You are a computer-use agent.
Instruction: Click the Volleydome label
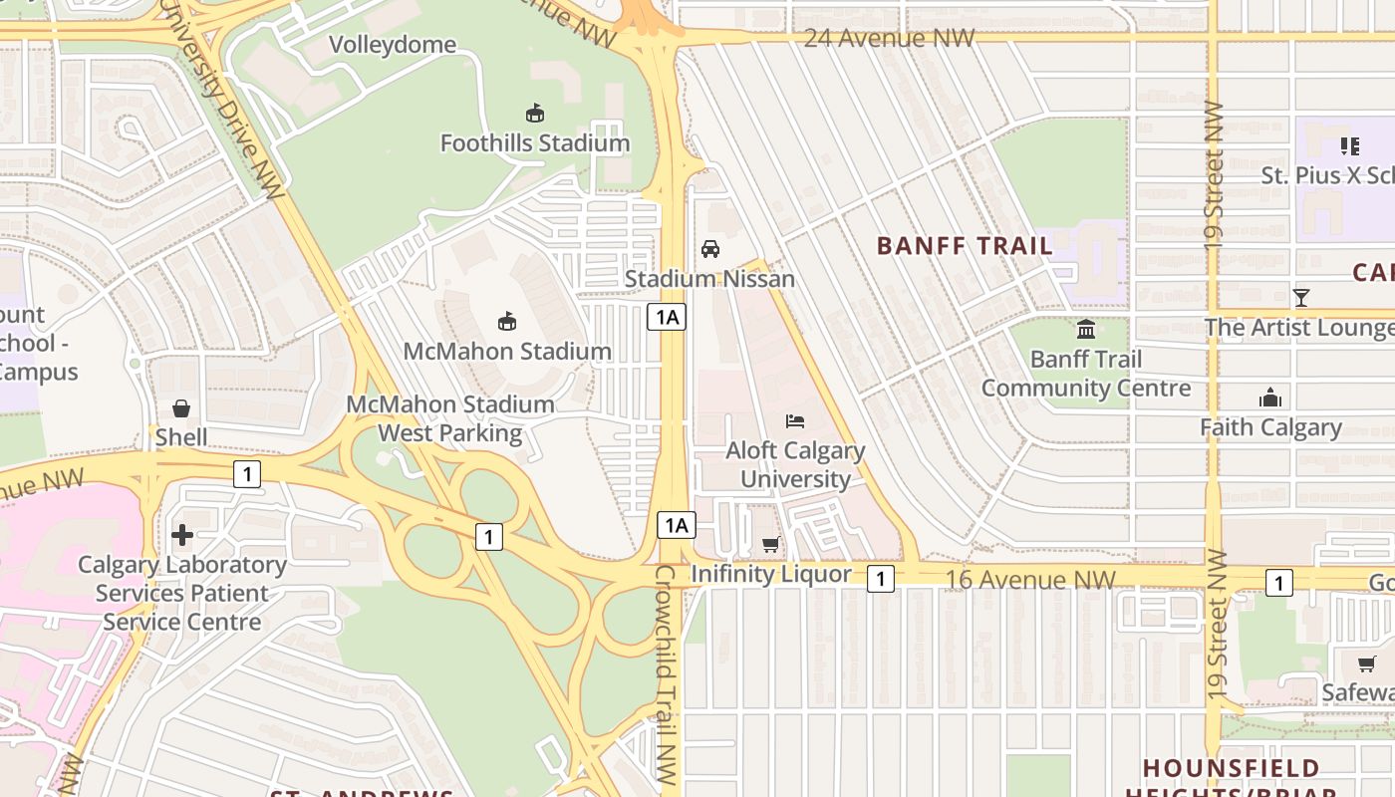tap(393, 45)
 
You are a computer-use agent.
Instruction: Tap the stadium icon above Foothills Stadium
tap(535, 113)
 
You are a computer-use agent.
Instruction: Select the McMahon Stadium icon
tap(507, 321)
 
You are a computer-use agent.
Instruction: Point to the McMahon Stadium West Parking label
tap(450, 418)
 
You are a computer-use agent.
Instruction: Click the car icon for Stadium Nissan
tap(710, 248)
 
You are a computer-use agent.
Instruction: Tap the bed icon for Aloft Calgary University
tap(795, 420)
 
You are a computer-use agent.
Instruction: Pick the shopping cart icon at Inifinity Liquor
tap(770, 544)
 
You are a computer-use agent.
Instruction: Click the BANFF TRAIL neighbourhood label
tap(965, 245)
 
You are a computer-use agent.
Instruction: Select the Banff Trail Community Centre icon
tap(1086, 329)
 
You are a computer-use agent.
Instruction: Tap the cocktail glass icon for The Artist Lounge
tap(1300, 297)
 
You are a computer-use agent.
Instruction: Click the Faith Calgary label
tap(1270, 427)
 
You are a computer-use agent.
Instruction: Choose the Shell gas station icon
tap(181, 408)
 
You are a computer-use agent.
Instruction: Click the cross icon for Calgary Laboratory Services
tap(182, 535)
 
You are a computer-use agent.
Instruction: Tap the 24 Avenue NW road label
tap(889, 38)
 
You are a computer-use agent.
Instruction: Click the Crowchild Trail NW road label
tap(666, 677)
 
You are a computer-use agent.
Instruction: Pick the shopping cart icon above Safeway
tap(1366, 664)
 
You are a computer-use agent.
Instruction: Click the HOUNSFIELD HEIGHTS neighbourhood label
tap(1231, 768)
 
